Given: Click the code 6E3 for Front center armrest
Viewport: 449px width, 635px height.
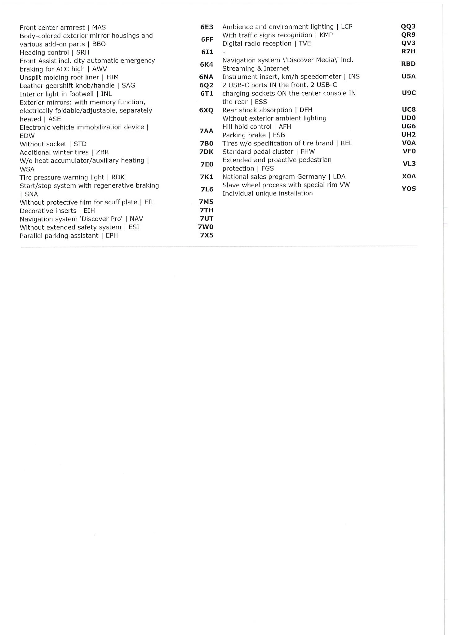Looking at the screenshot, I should tap(207, 27).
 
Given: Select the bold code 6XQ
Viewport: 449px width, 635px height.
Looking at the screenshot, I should tap(206, 110).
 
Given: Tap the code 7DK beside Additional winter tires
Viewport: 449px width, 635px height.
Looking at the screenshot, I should tap(206, 152).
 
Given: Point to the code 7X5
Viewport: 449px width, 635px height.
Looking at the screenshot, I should tap(207, 235).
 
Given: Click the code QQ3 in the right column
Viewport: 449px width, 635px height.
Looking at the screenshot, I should tap(408, 26).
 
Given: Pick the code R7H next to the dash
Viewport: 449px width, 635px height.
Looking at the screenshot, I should tap(408, 51).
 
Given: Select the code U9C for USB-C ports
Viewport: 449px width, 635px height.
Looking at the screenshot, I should tap(409, 93).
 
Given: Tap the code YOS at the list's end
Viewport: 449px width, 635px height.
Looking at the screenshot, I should tap(409, 189).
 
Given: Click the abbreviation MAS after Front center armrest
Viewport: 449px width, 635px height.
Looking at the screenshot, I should tap(99, 28).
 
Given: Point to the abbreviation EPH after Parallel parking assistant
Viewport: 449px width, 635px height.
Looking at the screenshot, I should tap(112, 236).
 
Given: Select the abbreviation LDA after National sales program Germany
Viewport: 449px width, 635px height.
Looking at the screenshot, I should tap(339, 176).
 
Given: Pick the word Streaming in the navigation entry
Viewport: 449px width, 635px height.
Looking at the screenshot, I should tap(238, 69).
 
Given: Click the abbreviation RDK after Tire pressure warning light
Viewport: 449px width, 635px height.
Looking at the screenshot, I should tap(118, 177).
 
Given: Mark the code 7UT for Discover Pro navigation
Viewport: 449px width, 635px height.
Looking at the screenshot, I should tap(207, 219).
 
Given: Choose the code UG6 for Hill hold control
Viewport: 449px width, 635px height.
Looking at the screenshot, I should tap(408, 126).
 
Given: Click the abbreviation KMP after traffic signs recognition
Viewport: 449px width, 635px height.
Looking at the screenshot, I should tap(326, 35).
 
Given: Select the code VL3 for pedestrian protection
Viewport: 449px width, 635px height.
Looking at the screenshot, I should tap(409, 164).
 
